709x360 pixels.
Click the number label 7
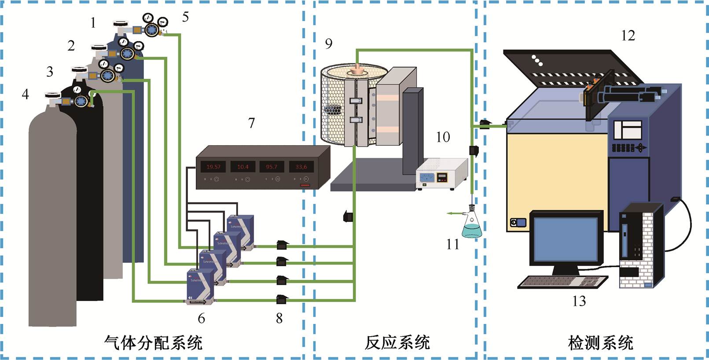[251, 123]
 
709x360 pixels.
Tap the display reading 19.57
[213, 167]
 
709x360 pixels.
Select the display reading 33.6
[301, 167]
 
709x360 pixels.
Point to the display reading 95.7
[272, 167]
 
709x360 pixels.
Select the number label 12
[628, 36]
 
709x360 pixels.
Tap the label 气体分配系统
[153, 342]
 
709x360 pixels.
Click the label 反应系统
[397, 342]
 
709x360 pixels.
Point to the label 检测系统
[600, 342]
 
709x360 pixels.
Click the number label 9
[329, 44]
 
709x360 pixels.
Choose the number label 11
[452, 244]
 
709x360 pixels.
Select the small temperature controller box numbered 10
[441, 174]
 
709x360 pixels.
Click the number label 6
[202, 318]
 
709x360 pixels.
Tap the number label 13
[579, 301]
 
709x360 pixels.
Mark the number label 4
[26, 94]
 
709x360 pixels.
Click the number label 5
[185, 17]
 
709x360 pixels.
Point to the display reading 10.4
[242, 167]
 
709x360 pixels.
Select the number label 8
[279, 318]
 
